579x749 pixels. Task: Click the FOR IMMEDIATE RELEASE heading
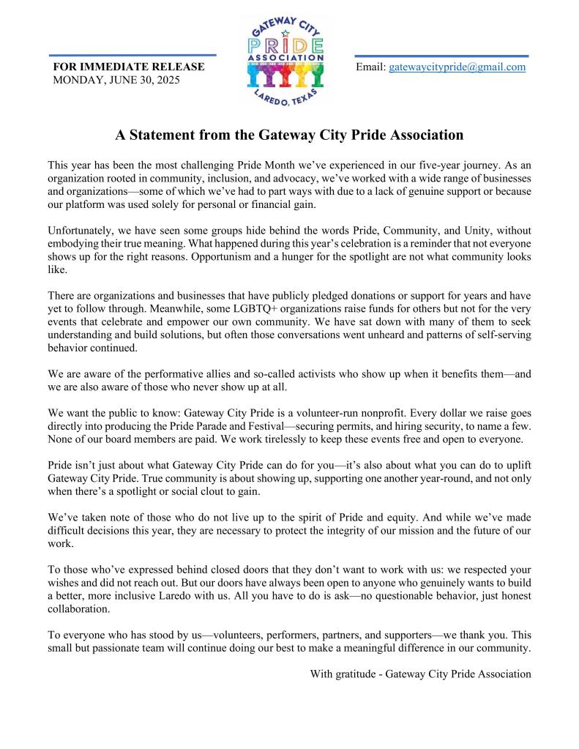(x=129, y=67)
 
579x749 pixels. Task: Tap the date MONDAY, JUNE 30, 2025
(x=116, y=80)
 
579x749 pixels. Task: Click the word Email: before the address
(x=370, y=67)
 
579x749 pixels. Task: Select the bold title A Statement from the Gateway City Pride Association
(x=289, y=135)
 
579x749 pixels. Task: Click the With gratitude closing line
(x=420, y=674)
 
